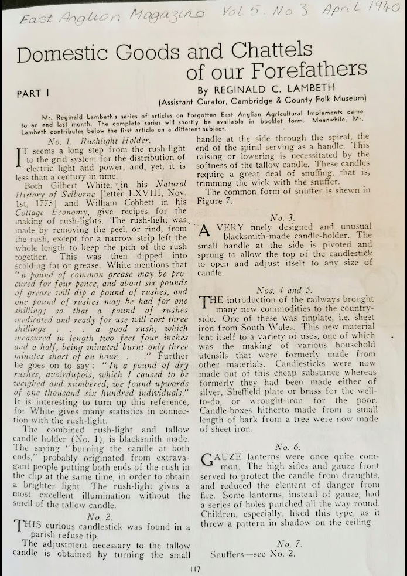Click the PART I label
pyautogui.click(x=35, y=93)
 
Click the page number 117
pyautogui.click(x=197, y=568)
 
